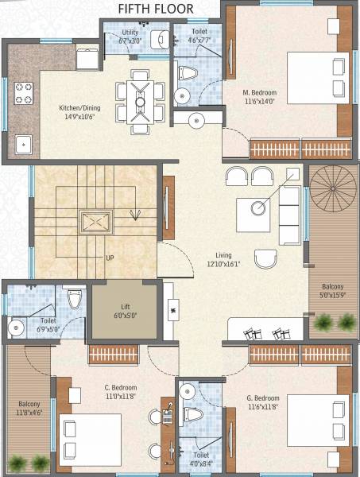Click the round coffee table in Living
pos(259,208)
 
